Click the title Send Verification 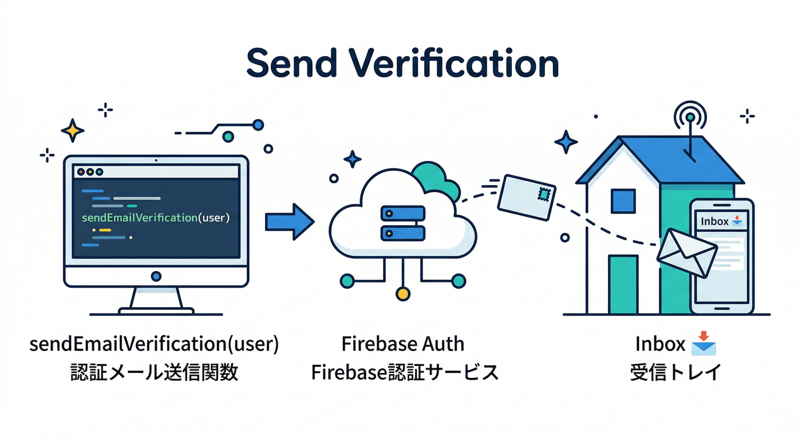click(x=402, y=64)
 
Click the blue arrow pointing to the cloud click(x=289, y=221)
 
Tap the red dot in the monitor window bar click(x=81, y=171)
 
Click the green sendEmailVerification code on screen click(x=156, y=218)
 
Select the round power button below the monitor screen click(x=156, y=276)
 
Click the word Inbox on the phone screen click(x=714, y=221)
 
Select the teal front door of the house click(x=623, y=285)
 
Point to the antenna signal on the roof click(x=691, y=118)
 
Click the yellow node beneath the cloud click(x=403, y=294)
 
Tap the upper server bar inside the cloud click(x=403, y=213)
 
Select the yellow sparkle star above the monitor click(x=72, y=131)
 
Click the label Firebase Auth click(x=403, y=344)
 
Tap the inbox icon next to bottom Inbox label click(x=704, y=345)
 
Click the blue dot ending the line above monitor click(x=258, y=124)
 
